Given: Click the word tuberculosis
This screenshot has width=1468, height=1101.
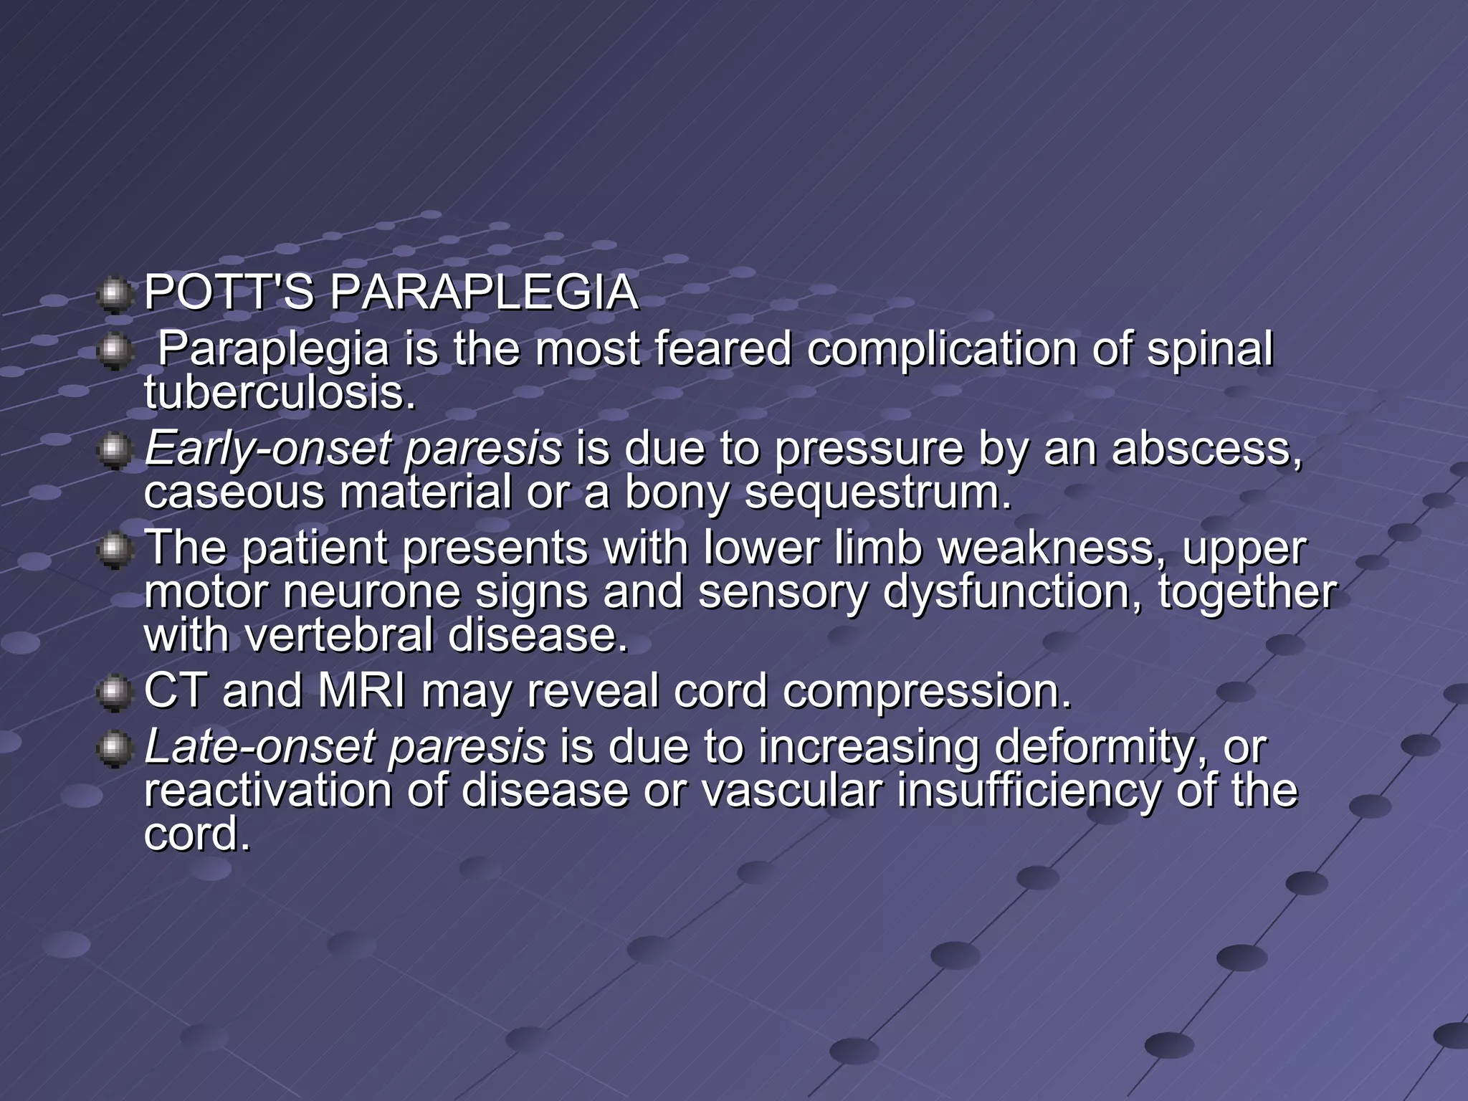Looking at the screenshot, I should coord(280,393).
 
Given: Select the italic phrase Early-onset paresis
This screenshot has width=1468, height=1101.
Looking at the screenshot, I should coord(353,449).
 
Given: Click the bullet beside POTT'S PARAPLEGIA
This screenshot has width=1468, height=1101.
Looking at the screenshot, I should coord(113,295).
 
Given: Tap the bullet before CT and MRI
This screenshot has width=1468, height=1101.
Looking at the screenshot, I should coord(113,694).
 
